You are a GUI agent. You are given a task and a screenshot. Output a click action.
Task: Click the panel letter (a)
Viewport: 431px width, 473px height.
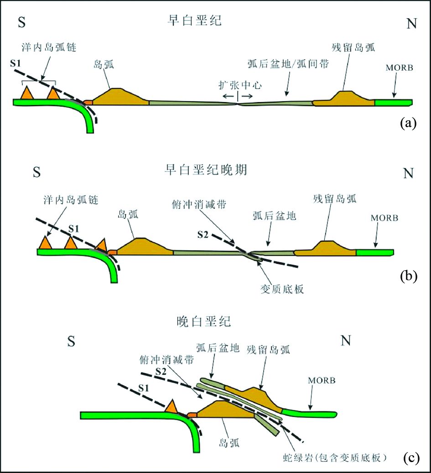408,123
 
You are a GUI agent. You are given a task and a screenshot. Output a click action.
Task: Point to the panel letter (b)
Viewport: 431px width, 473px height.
408,277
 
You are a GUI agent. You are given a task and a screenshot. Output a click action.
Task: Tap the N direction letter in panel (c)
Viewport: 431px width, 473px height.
347,342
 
